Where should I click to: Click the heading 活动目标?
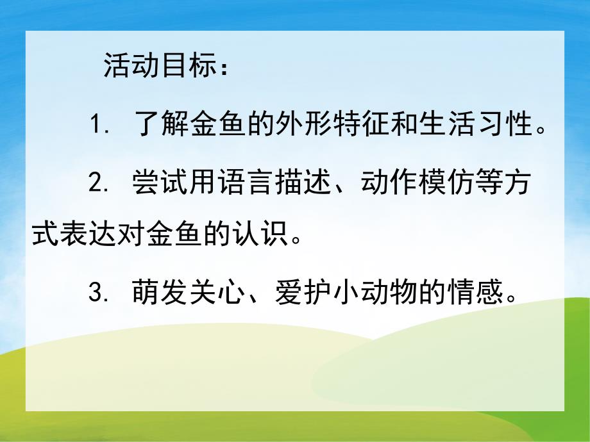(157, 66)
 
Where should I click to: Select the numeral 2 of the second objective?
(96, 181)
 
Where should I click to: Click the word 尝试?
(160, 180)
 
